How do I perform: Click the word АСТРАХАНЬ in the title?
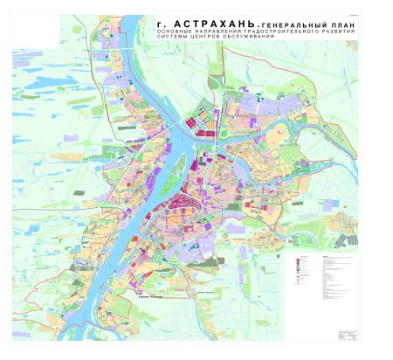tap(208, 25)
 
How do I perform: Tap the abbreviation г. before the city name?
tap(160, 25)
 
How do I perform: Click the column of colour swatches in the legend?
tap(300, 267)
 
